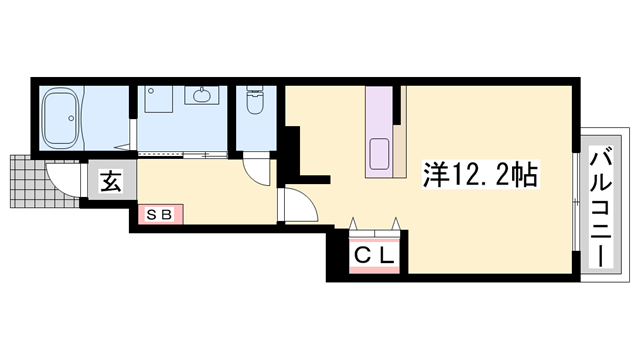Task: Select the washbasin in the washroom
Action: click(200, 97)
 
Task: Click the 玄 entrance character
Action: click(109, 184)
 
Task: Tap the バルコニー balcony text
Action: click(600, 206)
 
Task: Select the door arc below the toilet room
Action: click(258, 170)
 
